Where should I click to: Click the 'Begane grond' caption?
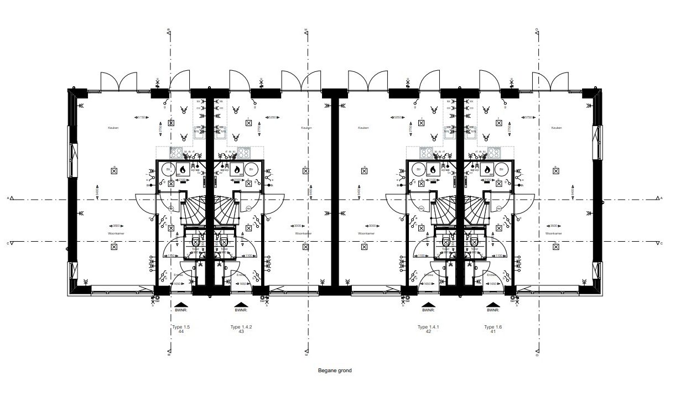click(x=335, y=371)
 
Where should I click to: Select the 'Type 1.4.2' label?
click(x=241, y=327)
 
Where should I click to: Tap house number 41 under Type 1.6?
click(x=490, y=332)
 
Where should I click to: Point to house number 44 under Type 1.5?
click(x=180, y=332)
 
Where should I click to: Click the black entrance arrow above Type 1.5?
click(x=180, y=304)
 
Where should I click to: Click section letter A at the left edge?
click(x=9, y=197)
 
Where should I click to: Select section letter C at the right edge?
click(x=662, y=243)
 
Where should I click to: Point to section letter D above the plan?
click(x=537, y=29)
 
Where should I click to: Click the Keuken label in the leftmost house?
click(x=113, y=128)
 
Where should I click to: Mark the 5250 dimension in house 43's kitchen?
click(x=271, y=117)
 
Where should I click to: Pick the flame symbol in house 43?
click(x=237, y=169)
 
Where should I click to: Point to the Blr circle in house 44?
click(x=167, y=170)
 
